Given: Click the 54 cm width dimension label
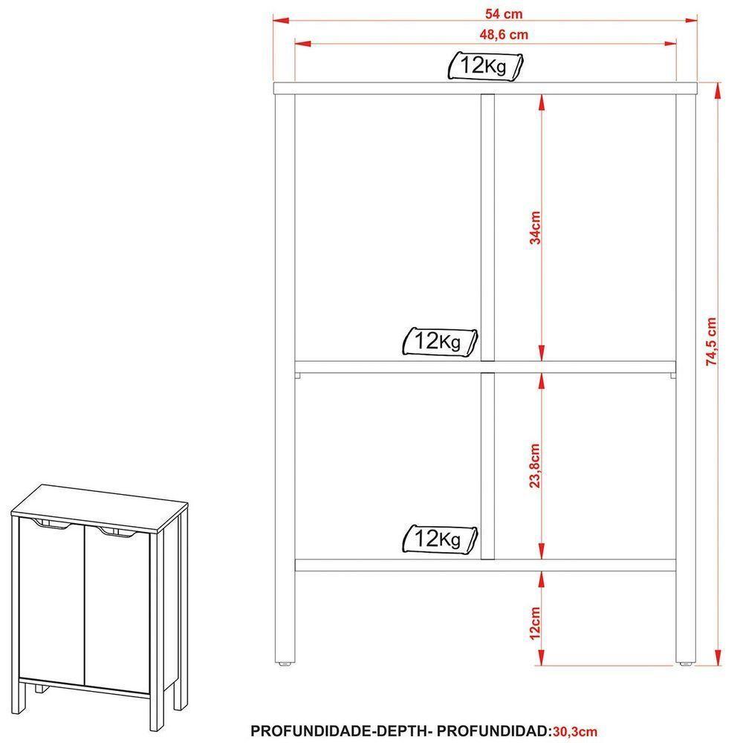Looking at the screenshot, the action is pyautogui.click(x=503, y=13).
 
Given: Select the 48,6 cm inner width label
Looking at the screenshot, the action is pyautogui.click(x=503, y=35).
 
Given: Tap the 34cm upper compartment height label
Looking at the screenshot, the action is pyautogui.click(x=535, y=227).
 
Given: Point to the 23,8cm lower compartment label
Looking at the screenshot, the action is pyautogui.click(x=535, y=466).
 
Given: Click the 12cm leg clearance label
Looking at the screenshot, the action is pyautogui.click(x=535, y=623).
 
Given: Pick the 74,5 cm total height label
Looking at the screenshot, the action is pyautogui.click(x=711, y=341).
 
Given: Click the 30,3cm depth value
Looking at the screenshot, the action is pyautogui.click(x=575, y=731).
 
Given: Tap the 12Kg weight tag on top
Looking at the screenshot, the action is pyautogui.click(x=485, y=66).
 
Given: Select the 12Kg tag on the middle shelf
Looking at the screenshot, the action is pyautogui.click(x=439, y=341).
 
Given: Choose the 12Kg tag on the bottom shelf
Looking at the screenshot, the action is pyautogui.click(x=439, y=539).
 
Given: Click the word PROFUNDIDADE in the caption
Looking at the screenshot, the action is pyautogui.click(x=312, y=731).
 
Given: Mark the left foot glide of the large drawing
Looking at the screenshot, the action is pyautogui.click(x=285, y=664).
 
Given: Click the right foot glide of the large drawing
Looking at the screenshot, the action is pyautogui.click(x=686, y=664).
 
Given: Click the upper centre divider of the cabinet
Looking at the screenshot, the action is pyautogui.click(x=488, y=228).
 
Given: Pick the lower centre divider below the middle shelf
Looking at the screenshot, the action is pyautogui.click(x=488, y=466).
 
